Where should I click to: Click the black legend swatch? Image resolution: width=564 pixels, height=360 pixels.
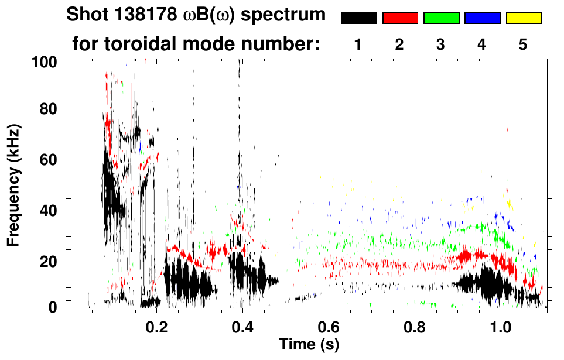(359, 18)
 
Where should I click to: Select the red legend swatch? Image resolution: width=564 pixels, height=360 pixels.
(400, 18)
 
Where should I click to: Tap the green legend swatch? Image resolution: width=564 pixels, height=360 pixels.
(441, 18)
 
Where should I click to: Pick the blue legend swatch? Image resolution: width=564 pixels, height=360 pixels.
(482, 18)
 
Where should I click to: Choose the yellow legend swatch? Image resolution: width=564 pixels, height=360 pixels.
(523, 18)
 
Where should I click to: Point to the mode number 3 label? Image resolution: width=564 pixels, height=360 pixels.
(440, 45)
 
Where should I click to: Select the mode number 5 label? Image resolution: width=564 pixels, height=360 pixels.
(523, 45)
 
